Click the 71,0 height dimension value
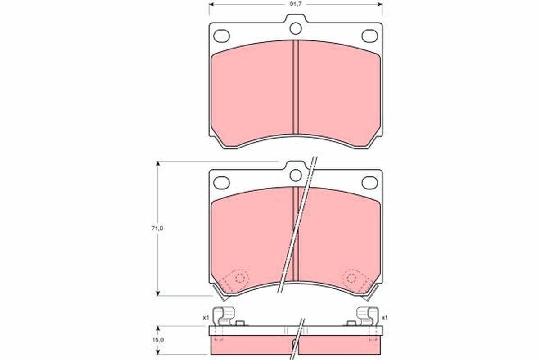coord(157,229)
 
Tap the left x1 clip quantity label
coord(206,318)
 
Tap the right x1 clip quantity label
coord(385,318)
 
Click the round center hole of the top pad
coord(295,28)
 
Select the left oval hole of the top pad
coord(221,36)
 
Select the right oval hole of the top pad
coord(370,36)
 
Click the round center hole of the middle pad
coord(295,175)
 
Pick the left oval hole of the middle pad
coord(221,182)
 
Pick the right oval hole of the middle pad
coord(370,182)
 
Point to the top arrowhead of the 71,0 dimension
coord(158,164)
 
